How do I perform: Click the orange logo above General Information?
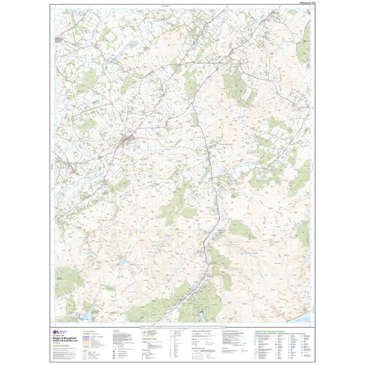coord(147,331)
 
